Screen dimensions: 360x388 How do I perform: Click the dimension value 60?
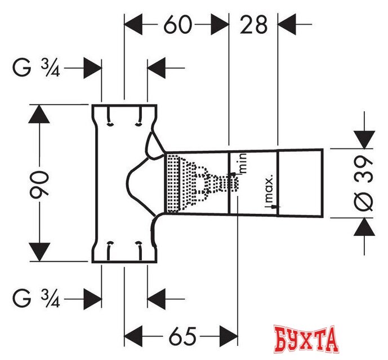[177, 24]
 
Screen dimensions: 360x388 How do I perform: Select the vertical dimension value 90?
[39, 183]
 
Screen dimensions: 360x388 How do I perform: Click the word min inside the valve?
[243, 163]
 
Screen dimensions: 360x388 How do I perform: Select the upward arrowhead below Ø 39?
[364, 227]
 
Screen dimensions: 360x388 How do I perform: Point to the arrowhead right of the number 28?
[288, 24]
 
